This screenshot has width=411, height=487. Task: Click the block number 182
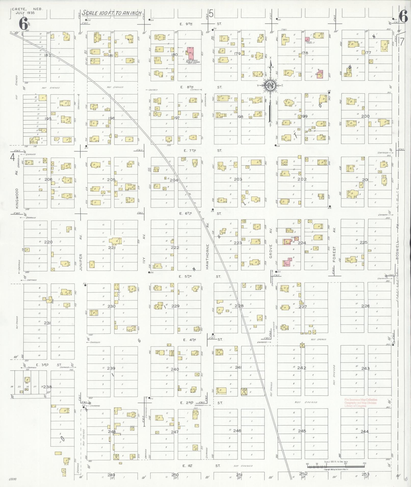click(48, 55)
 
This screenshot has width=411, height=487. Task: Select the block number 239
click(111, 368)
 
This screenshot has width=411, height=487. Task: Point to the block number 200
click(365, 116)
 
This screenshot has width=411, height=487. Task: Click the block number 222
click(175, 247)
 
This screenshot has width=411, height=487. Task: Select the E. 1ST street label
click(188, 466)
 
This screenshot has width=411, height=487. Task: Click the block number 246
click(237, 431)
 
